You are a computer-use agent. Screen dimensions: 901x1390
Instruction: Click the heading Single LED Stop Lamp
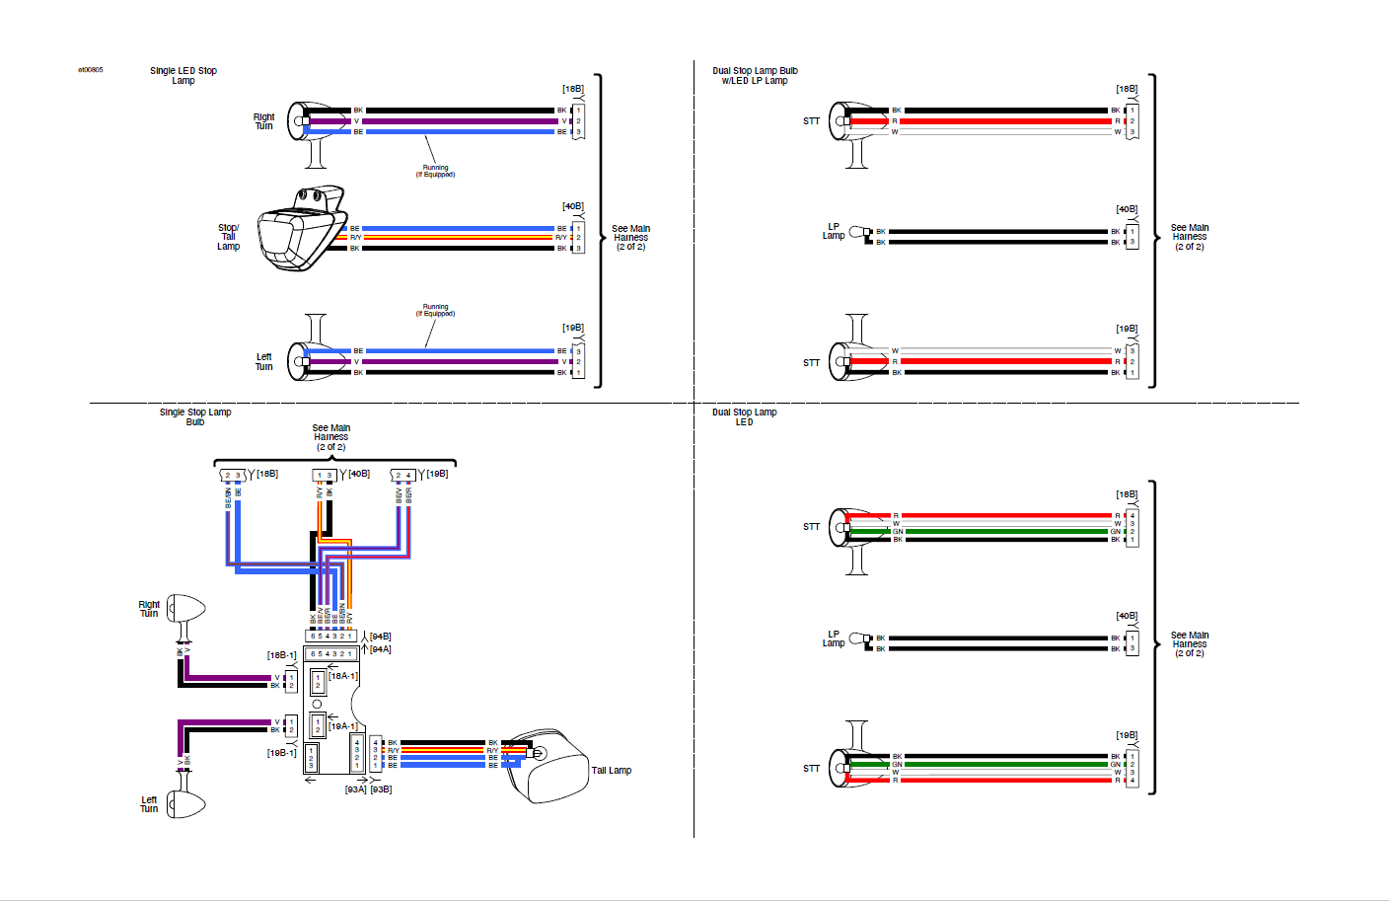click(x=183, y=76)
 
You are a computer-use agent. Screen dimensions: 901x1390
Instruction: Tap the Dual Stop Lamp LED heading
click(x=744, y=417)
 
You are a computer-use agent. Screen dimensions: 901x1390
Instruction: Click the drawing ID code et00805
click(x=91, y=70)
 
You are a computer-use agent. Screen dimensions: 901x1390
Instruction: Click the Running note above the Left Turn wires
click(x=435, y=310)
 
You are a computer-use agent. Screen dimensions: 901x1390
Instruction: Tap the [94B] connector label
click(x=380, y=637)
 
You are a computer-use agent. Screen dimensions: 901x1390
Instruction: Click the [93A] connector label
click(x=355, y=789)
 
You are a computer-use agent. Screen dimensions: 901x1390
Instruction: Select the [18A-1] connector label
click(x=343, y=676)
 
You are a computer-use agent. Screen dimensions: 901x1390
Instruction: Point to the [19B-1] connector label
click(x=281, y=753)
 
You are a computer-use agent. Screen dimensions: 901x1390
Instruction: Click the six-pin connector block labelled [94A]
click(x=330, y=653)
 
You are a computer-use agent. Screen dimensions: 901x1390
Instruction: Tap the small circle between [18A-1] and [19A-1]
click(x=317, y=704)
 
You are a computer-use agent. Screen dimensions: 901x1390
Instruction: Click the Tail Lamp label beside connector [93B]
click(x=611, y=771)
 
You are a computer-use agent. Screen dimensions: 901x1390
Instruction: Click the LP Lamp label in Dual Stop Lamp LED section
click(x=834, y=638)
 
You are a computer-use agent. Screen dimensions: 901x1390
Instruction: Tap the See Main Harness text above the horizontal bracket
click(x=330, y=437)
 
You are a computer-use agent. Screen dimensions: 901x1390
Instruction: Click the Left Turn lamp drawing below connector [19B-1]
click(x=185, y=803)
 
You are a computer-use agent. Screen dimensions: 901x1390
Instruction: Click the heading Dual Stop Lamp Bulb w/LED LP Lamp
click(x=755, y=76)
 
